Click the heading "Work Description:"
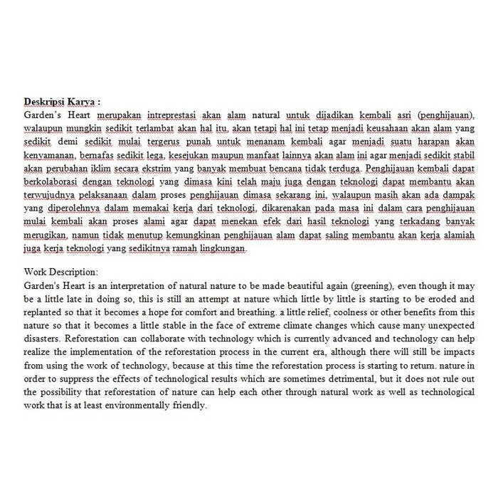click(61, 271)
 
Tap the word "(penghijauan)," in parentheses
click(446, 115)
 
